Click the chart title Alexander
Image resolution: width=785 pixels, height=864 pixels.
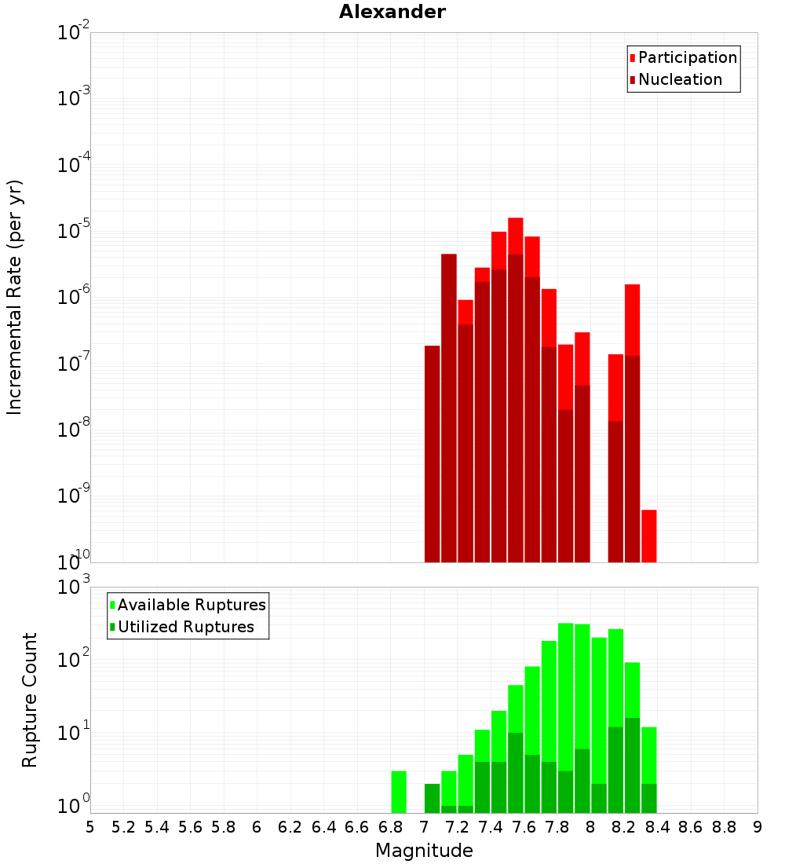(x=392, y=13)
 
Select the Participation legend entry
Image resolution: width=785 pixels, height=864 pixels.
(x=688, y=58)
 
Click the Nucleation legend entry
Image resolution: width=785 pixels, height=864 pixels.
(x=680, y=80)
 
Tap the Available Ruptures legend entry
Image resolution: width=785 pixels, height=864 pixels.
(x=192, y=606)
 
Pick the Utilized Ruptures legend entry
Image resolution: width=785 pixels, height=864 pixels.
(x=185, y=628)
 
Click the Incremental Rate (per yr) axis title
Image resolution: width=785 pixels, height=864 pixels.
(x=15, y=298)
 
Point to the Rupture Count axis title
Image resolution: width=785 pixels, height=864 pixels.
(x=30, y=700)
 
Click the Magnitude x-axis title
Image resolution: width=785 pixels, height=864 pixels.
(x=424, y=851)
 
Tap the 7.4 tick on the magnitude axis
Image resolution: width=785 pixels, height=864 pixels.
(x=491, y=827)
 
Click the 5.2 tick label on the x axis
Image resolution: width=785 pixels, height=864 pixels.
(x=123, y=827)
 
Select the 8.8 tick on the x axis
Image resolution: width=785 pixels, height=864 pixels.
(x=724, y=827)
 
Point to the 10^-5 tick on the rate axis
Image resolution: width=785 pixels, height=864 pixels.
(x=74, y=232)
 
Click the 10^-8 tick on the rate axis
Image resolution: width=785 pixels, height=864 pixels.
(x=74, y=431)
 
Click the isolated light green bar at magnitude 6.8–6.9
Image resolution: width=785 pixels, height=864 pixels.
(x=399, y=792)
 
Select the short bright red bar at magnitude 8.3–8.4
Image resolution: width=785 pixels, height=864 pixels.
(x=648, y=536)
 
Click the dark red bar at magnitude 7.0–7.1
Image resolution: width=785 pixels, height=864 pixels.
(x=432, y=454)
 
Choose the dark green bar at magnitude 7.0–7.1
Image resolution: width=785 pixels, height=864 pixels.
(x=432, y=798)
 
